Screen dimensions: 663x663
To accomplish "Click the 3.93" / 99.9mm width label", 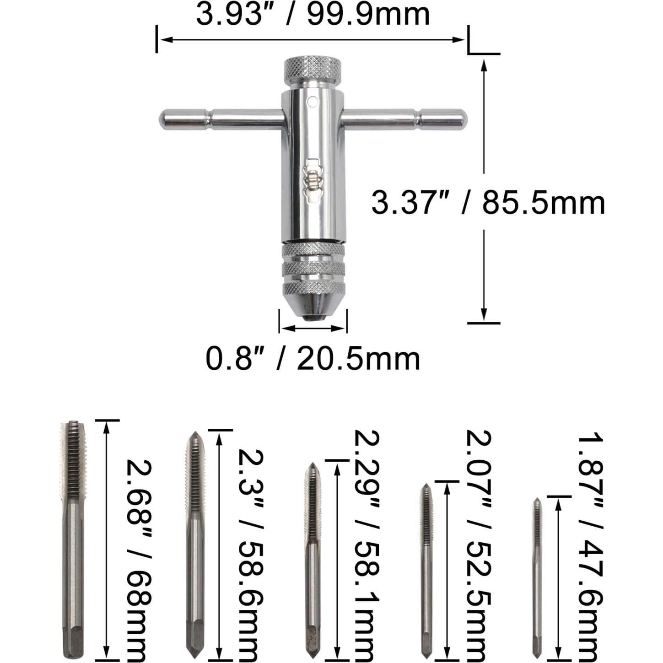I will point(313,15).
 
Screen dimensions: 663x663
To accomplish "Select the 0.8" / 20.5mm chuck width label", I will point(313,359).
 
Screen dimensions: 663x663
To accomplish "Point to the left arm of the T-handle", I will point(220,119).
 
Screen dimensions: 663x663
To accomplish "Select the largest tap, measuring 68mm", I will point(73,540).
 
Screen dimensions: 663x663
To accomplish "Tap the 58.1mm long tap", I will point(313,561).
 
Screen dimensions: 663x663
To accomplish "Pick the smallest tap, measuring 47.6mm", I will point(537,579).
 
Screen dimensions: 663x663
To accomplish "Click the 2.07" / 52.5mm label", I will point(478,544).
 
